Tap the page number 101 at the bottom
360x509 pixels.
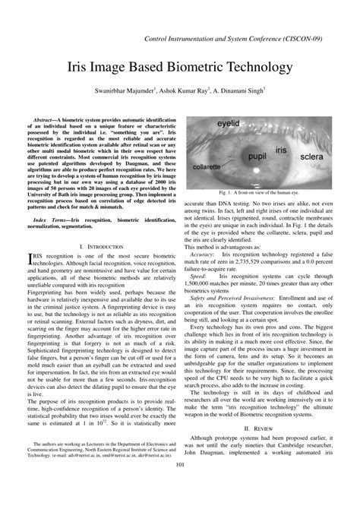(x=180, y=486)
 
